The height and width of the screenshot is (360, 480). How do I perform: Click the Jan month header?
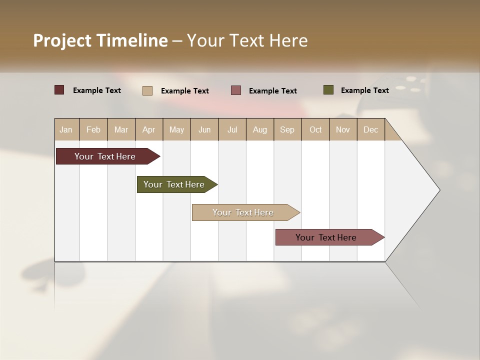tap(66, 129)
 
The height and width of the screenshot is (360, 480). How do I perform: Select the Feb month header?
tap(93, 129)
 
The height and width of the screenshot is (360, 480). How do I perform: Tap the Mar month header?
tap(121, 129)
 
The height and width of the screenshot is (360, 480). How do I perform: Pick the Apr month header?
tap(149, 129)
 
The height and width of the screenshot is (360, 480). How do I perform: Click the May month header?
tap(176, 129)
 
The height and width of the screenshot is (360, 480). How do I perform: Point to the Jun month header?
tap(204, 129)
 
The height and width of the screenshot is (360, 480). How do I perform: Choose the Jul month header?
tap(232, 129)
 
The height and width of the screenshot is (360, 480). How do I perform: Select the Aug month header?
tap(260, 129)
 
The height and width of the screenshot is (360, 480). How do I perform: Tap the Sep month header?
tap(287, 129)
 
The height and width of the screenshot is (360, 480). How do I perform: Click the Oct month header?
tap(315, 129)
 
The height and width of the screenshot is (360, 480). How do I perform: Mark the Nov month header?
tap(343, 129)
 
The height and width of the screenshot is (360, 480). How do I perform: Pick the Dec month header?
tap(371, 129)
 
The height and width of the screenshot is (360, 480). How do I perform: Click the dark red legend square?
tap(59, 90)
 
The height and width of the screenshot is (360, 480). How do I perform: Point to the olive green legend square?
tap(328, 90)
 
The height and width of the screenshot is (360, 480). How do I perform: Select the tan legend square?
tap(147, 90)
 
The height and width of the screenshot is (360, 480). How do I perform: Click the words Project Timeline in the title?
tap(100, 40)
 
